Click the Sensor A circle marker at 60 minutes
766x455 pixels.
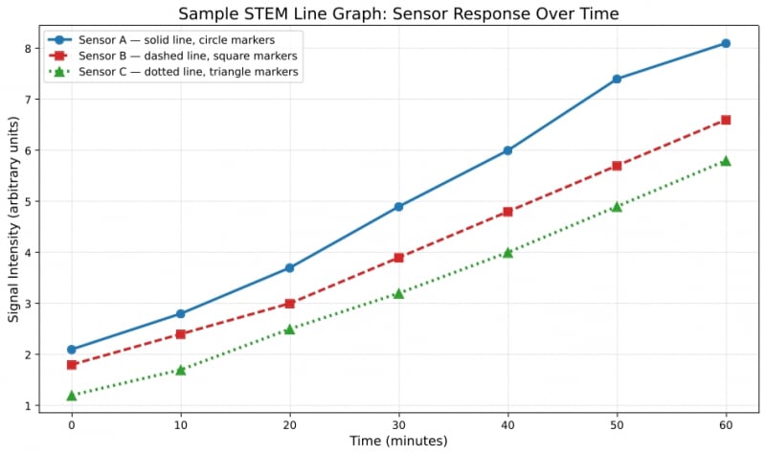click(x=726, y=43)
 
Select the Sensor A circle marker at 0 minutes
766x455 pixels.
click(x=72, y=350)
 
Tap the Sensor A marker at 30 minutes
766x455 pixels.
click(x=398, y=206)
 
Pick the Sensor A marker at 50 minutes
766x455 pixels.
click(x=617, y=79)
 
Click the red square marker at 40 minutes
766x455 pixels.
click(x=507, y=212)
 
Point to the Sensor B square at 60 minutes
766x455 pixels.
click(x=726, y=120)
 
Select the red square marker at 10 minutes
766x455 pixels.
click(x=181, y=334)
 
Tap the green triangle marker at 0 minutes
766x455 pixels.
click(x=72, y=395)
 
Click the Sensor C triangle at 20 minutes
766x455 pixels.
click(x=289, y=329)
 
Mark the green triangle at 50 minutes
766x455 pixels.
click(x=617, y=206)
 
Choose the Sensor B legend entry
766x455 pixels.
click(x=172, y=56)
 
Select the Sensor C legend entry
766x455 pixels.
click(x=172, y=71)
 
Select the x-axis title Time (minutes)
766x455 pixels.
click(x=398, y=442)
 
